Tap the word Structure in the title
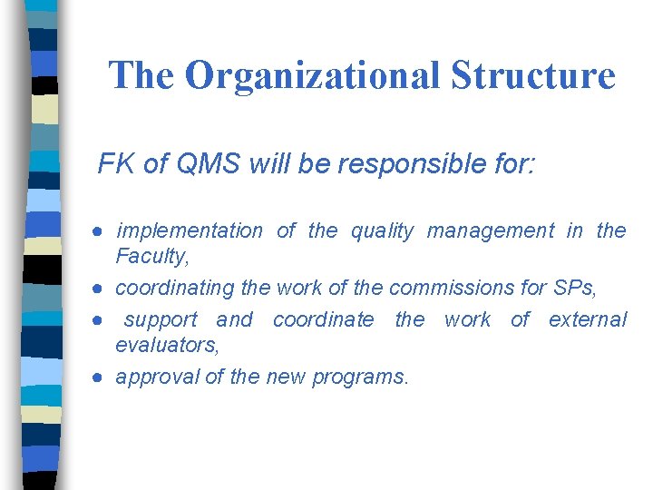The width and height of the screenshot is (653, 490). click(x=533, y=75)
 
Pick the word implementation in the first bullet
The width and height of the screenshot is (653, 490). click(x=190, y=231)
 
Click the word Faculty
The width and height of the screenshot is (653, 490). click(x=151, y=257)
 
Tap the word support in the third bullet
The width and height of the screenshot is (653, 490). click(x=161, y=320)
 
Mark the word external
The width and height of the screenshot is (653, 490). click(x=588, y=320)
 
